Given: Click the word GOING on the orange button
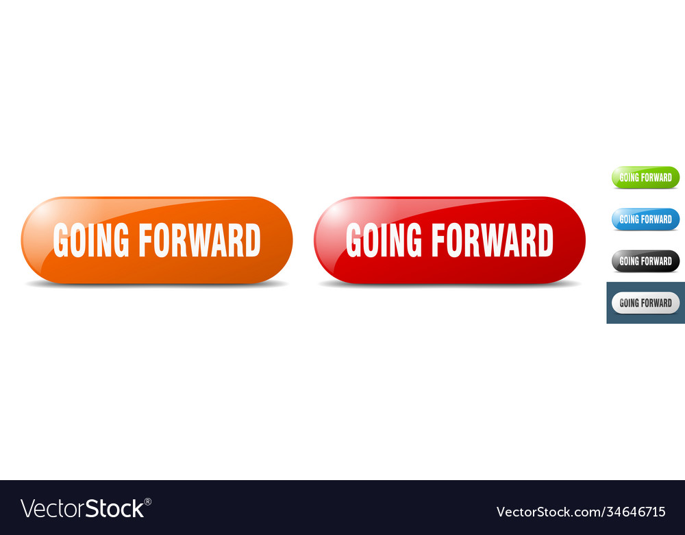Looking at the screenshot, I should (x=91, y=240).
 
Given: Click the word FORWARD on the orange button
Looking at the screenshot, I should (x=199, y=240).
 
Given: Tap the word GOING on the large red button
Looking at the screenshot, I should (x=384, y=240).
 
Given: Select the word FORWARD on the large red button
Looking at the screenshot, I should (x=492, y=240).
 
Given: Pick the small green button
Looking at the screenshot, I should (x=645, y=177).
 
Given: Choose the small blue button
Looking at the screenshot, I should (x=645, y=219).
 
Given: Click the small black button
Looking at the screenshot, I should (x=645, y=261).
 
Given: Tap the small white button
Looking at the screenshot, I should (x=645, y=302).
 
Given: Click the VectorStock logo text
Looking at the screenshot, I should (x=82, y=509).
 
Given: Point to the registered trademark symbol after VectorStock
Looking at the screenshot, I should (x=147, y=501).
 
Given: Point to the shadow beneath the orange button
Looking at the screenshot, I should (x=156, y=284).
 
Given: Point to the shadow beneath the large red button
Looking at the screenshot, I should (x=449, y=284).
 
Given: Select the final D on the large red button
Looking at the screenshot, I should (x=545, y=240).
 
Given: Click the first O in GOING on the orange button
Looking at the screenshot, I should (x=82, y=240).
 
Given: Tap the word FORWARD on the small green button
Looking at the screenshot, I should (x=656, y=177).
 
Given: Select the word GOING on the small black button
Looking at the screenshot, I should (x=628, y=261).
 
